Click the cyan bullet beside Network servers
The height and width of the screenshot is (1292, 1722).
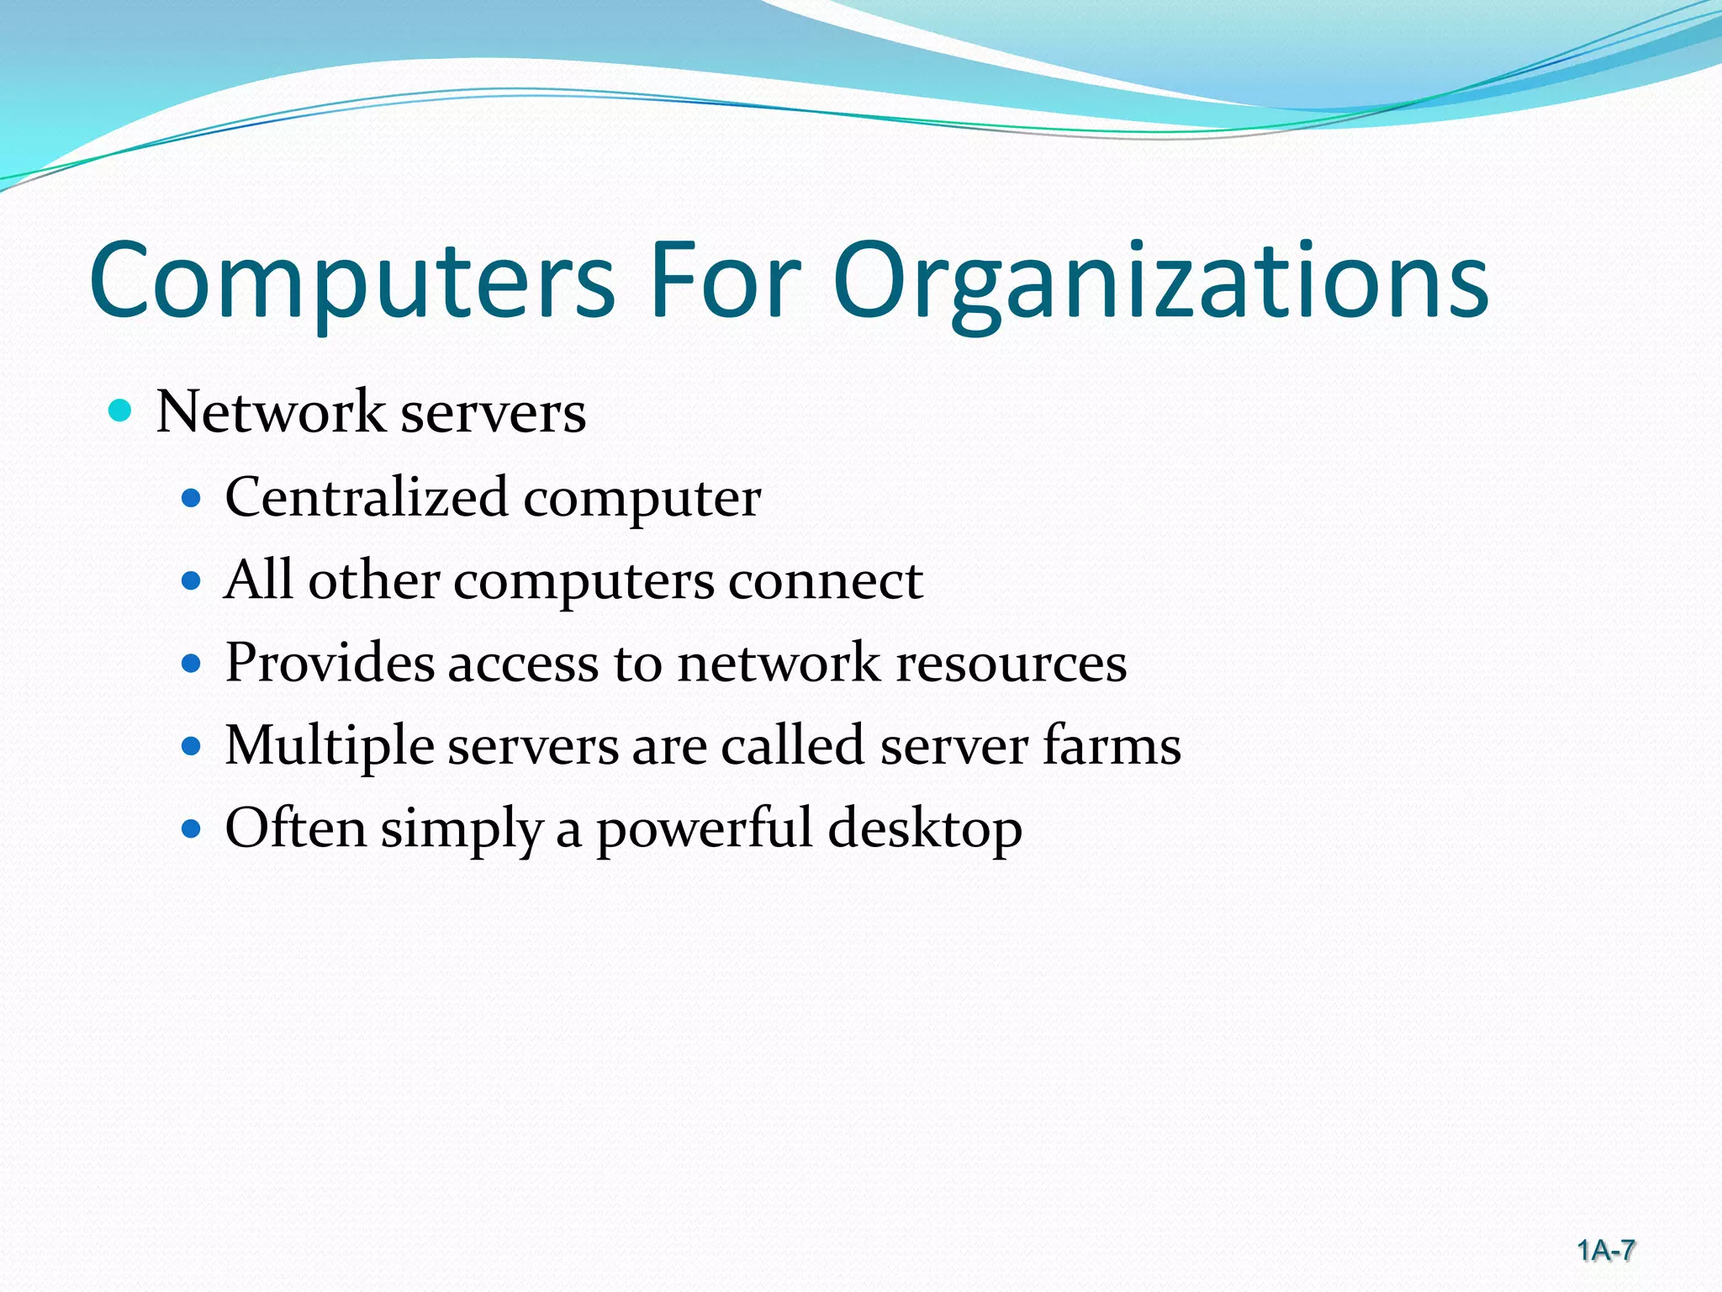coord(121,411)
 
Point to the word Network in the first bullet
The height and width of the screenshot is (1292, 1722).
coord(270,412)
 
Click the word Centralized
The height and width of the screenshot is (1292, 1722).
coord(367,497)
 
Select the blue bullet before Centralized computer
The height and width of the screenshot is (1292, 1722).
coord(192,499)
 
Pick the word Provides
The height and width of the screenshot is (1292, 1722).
coord(330,663)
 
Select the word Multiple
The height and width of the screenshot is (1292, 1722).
coord(329,746)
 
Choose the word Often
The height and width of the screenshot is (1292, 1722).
coord(295,828)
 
